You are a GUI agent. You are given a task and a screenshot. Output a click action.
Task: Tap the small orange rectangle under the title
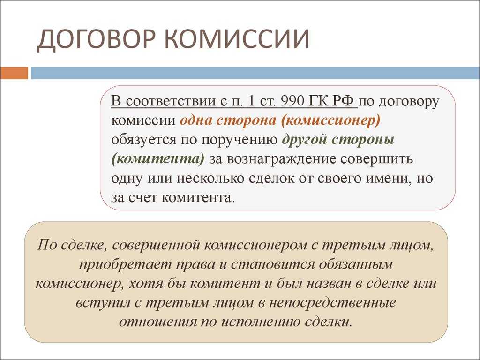click(x=14, y=73)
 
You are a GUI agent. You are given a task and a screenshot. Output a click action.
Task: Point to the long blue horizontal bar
click(x=255, y=73)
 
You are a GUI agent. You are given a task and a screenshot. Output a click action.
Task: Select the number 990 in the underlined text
click(x=292, y=101)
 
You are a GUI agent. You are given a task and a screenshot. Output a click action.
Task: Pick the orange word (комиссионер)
click(x=330, y=120)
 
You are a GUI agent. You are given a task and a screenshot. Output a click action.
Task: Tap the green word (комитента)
click(x=157, y=159)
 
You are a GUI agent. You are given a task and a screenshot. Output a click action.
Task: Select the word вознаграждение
click(x=281, y=159)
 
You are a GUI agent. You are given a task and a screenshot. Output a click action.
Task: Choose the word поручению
click(x=239, y=140)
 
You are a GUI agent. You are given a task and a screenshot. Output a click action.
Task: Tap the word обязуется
click(x=143, y=140)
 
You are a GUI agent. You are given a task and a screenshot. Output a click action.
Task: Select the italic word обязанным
click(x=355, y=264)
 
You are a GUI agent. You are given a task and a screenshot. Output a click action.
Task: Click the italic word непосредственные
click(x=332, y=303)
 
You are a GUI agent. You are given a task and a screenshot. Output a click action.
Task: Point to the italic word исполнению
click(x=260, y=322)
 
